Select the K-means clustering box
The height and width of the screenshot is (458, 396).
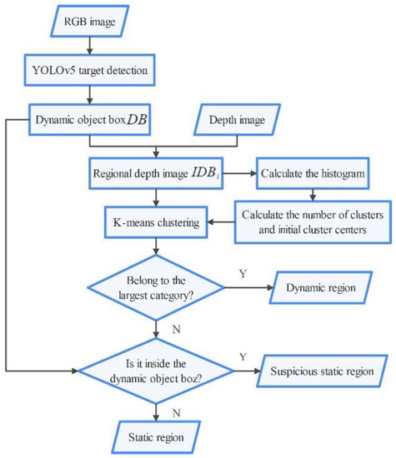[156, 223]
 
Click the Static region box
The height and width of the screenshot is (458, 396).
[157, 436]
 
